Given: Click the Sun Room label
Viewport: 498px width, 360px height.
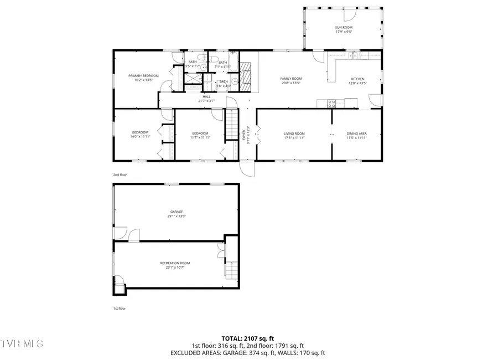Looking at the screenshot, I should pyautogui.click(x=343, y=27).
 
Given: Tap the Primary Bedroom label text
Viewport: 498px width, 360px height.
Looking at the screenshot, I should pyautogui.click(x=143, y=75).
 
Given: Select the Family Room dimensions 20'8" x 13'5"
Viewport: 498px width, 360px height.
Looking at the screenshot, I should pyautogui.click(x=290, y=84).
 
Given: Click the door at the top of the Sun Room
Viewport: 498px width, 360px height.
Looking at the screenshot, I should pyautogui.click(x=349, y=13).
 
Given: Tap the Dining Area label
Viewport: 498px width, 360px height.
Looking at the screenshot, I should pyautogui.click(x=356, y=133).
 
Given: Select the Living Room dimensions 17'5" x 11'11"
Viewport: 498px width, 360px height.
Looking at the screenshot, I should pyautogui.click(x=294, y=138).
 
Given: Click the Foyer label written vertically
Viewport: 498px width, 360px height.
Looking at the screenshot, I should pyautogui.click(x=243, y=135).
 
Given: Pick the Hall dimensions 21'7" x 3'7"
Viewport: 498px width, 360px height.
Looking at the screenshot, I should pyautogui.click(x=206, y=101).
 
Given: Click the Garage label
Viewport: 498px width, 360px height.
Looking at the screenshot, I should pyautogui.click(x=176, y=212).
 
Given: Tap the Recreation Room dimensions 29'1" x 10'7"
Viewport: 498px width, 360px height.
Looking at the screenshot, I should pyautogui.click(x=174, y=268).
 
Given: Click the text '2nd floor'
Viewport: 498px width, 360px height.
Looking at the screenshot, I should pyautogui.click(x=120, y=174).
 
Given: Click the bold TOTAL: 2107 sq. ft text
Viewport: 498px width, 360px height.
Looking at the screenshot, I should pyautogui.click(x=248, y=337).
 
